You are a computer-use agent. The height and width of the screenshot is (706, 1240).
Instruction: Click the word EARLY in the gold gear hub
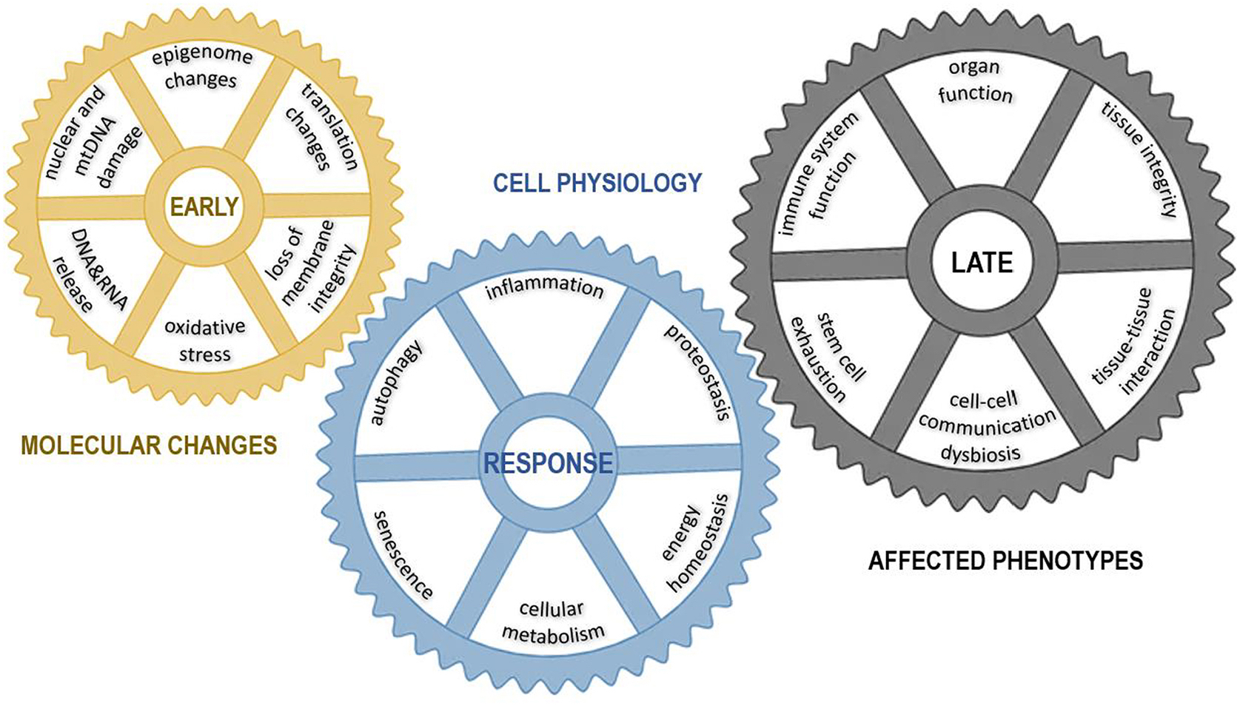pos(204,206)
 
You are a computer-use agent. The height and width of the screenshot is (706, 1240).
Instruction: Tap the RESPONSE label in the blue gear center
pos(548,463)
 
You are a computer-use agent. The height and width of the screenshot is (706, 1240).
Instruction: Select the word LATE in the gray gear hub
pos(982,263)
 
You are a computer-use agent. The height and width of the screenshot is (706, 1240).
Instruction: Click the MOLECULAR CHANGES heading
pos(149,445)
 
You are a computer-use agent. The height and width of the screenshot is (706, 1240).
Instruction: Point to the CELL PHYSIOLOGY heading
pos(597,183)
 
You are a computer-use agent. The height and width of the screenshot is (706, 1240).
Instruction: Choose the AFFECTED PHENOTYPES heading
pos(1005,561)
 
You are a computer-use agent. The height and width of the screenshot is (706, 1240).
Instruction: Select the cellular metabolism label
pos(552,622)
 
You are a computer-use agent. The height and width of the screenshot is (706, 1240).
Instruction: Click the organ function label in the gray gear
pos(976,81)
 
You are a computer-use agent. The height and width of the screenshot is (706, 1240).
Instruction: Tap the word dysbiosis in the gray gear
pos(980,453)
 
